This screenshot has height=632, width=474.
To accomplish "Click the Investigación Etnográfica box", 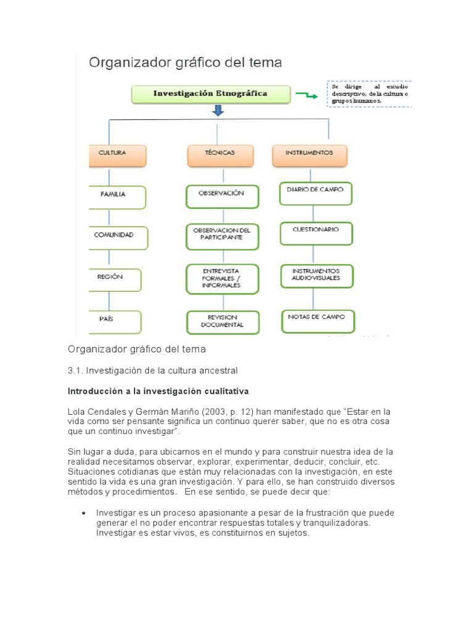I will pos(210,94).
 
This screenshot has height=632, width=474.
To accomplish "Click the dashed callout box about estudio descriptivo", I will pos(368,93).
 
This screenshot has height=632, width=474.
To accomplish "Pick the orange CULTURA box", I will pos(117,155).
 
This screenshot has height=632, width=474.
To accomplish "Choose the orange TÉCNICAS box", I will pos(220,155).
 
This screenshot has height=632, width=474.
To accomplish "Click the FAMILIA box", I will pos(117,196).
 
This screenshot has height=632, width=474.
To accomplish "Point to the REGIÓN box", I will pos(115,279).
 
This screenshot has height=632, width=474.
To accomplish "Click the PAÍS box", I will pos(115,321).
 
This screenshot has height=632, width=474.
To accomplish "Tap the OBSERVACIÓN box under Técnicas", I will pos(222,195).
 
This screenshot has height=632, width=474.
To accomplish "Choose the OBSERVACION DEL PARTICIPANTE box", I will pos(222,236).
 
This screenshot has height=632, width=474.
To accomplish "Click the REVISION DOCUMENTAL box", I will pos(222,322).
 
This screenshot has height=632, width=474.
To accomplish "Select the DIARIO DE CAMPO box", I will pos(315,193).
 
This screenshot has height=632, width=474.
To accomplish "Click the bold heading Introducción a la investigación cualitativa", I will pos(158,391).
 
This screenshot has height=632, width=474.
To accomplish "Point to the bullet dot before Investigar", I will pos(84,513).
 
